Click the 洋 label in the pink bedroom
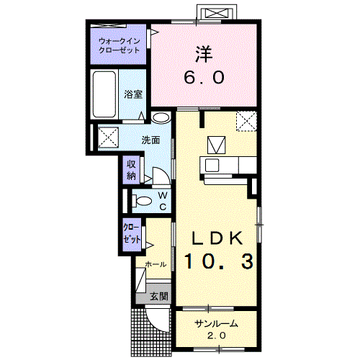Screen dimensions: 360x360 click(x=204, y=54)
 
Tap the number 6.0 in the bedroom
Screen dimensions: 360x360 click(x=204, y=77)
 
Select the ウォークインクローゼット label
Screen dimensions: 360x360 click(x=120, y=45)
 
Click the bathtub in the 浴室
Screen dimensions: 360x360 click(x=104, y=94)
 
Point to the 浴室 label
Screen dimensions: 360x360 click(x=133, y=94)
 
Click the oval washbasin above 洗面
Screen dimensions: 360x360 click(x=161, y=117)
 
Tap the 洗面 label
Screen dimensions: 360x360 click(x=150, y=140)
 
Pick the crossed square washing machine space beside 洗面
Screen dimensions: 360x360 click(x=108, y=138)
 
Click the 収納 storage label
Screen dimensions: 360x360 click(x=131, y=170)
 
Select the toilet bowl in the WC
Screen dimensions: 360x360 click(x=142, y=201)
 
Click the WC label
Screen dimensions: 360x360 click(x=163, y=201)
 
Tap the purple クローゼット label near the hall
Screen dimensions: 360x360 click(x=132, y=234)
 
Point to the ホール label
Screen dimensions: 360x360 click(x=156, y=264)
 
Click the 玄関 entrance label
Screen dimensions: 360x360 click(x=159, y=297)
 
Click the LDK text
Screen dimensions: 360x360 click(x=217, y=238)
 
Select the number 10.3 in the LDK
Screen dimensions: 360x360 click(x=219, y=261)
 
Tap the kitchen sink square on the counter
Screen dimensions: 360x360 click(x=212, y=165)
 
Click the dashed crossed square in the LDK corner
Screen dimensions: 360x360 click(x=246, y=121)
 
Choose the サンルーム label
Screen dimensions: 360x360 click(x=216, y=324)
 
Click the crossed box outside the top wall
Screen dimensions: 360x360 click(x=217, y=14)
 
